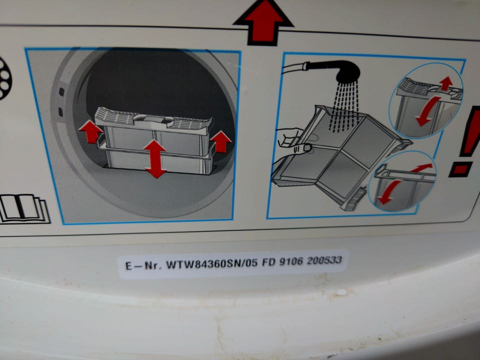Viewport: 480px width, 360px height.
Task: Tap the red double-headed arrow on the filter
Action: (x=155, y=159)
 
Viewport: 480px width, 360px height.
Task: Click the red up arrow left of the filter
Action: (x=91, y=131)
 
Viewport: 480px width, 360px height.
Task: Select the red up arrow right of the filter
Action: (x=220, y=141)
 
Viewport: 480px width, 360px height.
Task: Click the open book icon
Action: (x=24, y=208)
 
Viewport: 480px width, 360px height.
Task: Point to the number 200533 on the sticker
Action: (x=324, y=260)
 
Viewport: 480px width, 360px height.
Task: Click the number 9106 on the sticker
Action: (x=290, y=261)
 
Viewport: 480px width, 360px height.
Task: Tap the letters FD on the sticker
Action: (x=268, y=262)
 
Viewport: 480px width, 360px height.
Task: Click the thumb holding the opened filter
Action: (x=302, y=149)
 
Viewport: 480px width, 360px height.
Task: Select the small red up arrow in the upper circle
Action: (x=446, y=83)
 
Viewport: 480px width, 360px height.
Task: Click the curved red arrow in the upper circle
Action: (x=427, y=111)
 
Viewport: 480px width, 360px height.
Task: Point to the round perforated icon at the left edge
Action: (x=4, y=78)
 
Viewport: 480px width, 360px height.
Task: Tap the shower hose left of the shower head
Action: (x=294, y=67)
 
